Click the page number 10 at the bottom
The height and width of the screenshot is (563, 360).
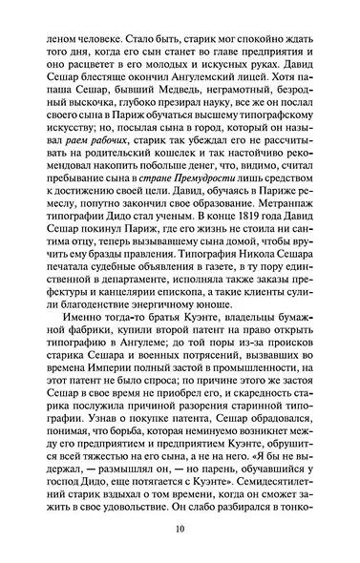tap(180, 532)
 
